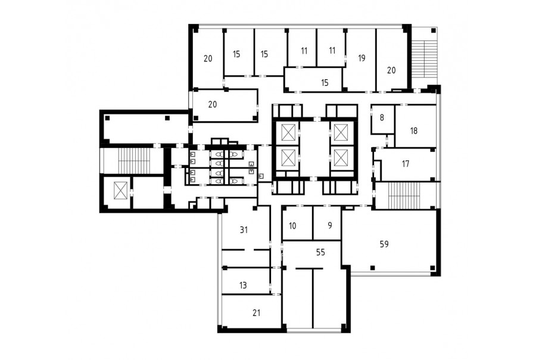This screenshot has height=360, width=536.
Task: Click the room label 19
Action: click(362, 58)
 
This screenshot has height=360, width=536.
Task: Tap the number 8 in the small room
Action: click(382, 118)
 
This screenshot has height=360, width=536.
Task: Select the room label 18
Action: click(414, 131)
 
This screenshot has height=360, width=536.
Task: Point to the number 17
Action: click(406, 164)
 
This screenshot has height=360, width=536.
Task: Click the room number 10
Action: click(292, 226)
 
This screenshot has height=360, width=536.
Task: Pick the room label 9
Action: click(329, 225)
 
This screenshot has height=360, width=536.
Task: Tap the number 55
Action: click(320, 253)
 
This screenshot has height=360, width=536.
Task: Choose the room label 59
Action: click(384, 244)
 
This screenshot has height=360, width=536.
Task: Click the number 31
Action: click(244, 230)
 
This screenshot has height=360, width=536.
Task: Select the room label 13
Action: click(243, 285)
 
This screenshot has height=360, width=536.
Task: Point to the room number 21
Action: click(256, 313)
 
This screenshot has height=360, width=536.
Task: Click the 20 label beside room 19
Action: click(391, 70)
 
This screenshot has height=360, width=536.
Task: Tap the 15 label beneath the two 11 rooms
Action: click(325, 82)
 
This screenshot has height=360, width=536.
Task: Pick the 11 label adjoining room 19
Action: click(332, 51)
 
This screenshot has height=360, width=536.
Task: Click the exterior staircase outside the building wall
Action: click(424, 59)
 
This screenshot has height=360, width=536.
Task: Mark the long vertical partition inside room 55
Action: click(313, 298)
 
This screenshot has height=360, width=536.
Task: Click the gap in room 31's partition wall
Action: click(249, 250)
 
